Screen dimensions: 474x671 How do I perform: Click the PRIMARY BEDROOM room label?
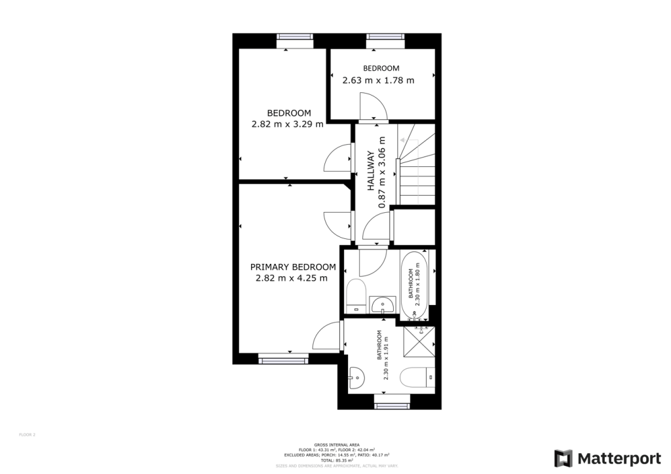(x=293, y=267)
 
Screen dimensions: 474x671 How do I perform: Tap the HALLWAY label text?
(x=370, y=172)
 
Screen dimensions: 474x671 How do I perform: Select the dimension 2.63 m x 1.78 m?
(x=378, y=81)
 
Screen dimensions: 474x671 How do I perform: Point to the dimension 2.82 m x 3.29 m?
(x=288, y=124)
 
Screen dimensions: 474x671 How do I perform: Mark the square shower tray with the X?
(x=418, y=340)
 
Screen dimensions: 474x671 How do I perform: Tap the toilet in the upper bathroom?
(x=357, y=295)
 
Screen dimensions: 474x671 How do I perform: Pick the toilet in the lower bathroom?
(x=415, y=378)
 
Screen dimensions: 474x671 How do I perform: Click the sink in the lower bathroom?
(x=357, y=378)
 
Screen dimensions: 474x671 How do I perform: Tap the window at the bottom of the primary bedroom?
(x=283, y=358)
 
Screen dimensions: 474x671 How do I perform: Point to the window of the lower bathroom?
(x=391, y=400)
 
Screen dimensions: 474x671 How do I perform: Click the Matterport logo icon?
(x=563, y=458)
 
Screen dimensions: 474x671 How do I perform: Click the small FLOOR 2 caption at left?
(x=27, y=434)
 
